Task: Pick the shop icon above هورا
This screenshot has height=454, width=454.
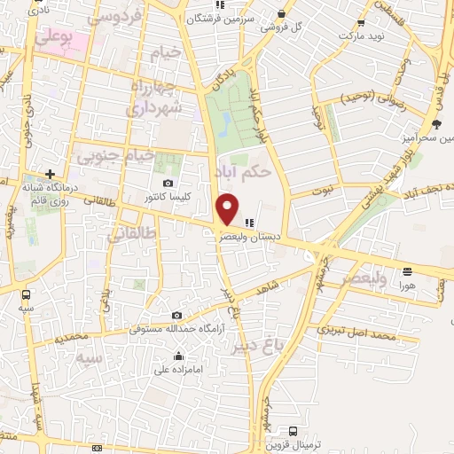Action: (407, 271)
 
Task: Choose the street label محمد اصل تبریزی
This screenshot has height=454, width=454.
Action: (356, 335)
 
